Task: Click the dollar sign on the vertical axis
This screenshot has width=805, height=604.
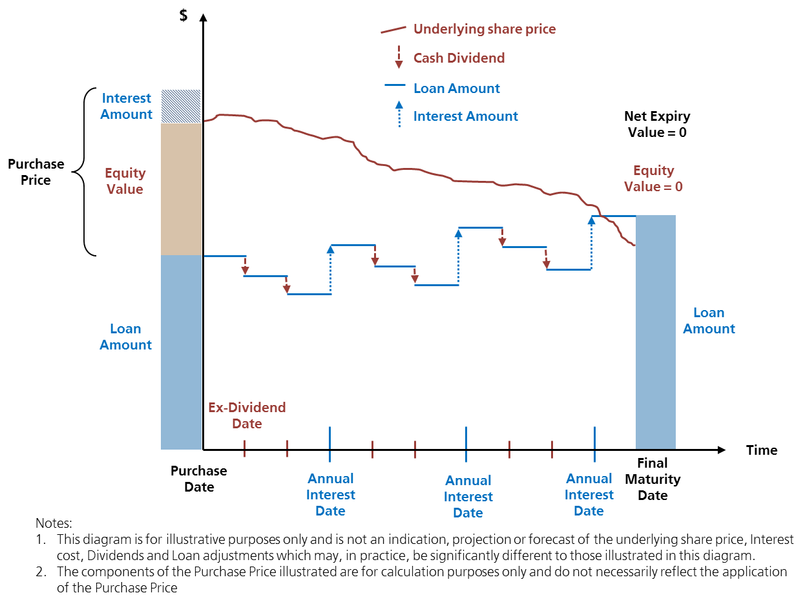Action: [184, 16]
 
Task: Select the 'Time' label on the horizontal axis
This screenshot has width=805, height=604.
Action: [762, 450]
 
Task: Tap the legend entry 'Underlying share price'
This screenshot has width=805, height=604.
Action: [484, 29]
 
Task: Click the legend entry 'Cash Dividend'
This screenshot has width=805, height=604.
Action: [459, 58]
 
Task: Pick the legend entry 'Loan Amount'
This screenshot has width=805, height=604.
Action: [456, 89]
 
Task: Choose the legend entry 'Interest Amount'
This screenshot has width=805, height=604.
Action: [465, 116]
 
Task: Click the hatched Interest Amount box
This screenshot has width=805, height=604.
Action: [180, 106]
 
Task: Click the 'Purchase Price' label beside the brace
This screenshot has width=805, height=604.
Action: [36, 172]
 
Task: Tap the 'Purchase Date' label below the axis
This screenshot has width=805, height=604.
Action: [198, 479]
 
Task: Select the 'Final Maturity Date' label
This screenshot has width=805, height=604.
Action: [653, 479]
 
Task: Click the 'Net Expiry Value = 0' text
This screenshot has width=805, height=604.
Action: [656, 124]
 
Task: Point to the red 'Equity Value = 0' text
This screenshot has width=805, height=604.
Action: [653, 178]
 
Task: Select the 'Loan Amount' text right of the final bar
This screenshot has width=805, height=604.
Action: [709, 320]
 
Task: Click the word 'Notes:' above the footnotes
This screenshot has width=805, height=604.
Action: [54, 523]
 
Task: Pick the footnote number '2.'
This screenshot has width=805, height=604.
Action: [41, 572]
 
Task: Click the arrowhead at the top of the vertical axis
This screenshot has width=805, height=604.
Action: [204, 17]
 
